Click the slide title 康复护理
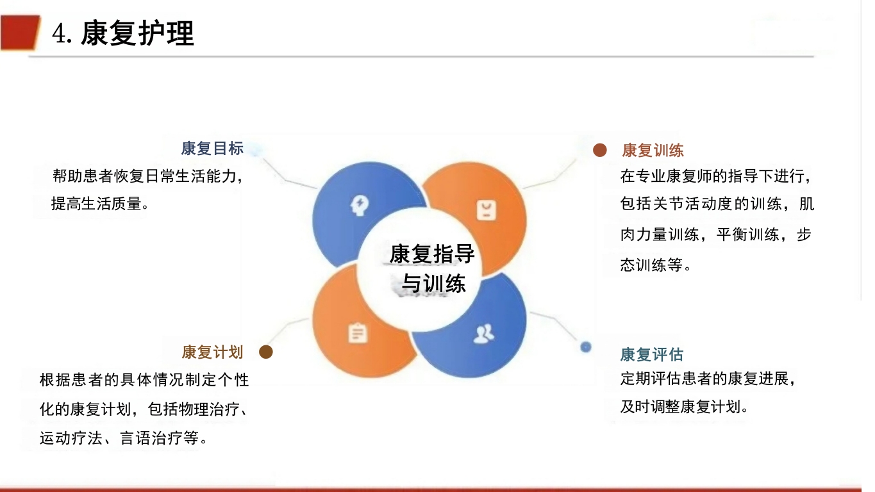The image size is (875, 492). click(x=137, y=33)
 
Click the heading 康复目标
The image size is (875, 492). click(x=212, y=149)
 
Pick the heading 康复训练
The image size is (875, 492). click(x=653, y=151)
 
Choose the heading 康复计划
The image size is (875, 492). click(x=212, y=352)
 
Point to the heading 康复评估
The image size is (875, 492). click(x=651, y=354)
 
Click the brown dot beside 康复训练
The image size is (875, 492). click(x=599, y=150)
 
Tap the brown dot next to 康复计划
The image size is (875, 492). click(x=266, y=352)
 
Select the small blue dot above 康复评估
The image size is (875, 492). click(x=585, y=347)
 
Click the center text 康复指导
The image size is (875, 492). click(x=432, y=254)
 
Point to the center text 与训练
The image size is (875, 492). click(x=433, y=283)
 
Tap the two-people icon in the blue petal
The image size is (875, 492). click(x=483, y=333)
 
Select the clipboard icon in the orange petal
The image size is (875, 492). click(x=357, y=333)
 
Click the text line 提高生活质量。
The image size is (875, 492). click(x=100, y=204)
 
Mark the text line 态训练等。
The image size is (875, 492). click(x=656, y=265)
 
